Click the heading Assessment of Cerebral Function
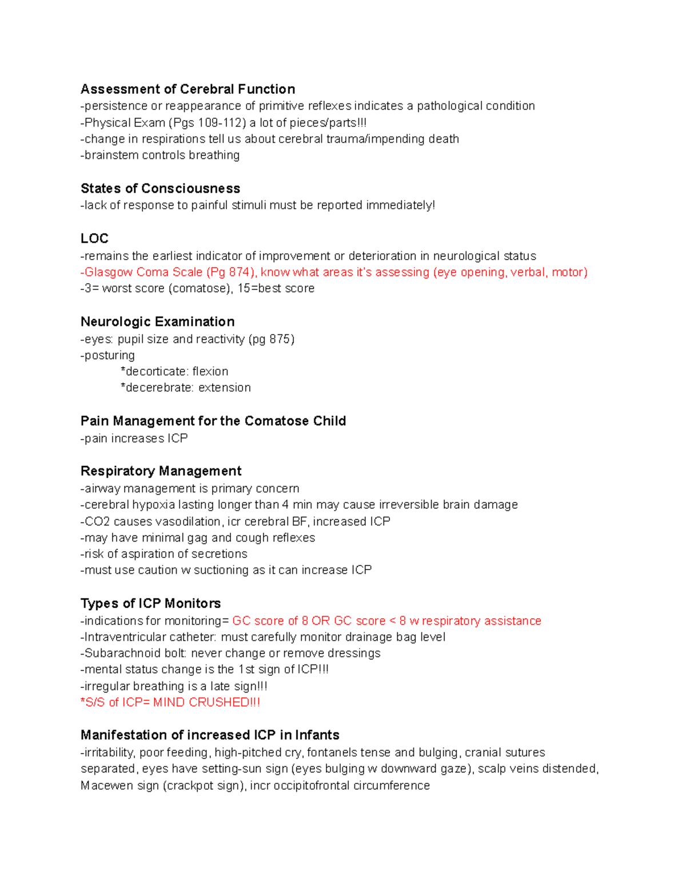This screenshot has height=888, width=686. (x=188, y=89)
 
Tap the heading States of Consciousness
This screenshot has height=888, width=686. (x=160, y=189)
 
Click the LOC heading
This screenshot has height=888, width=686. (x=94, y=238)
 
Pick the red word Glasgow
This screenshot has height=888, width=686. (x=109, y=272)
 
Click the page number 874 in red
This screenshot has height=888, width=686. (x=238, y=272)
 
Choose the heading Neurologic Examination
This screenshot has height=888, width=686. (x=157, y=321)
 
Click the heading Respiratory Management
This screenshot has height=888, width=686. (x=161, y=471)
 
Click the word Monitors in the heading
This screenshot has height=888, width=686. (x=192, y=603)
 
